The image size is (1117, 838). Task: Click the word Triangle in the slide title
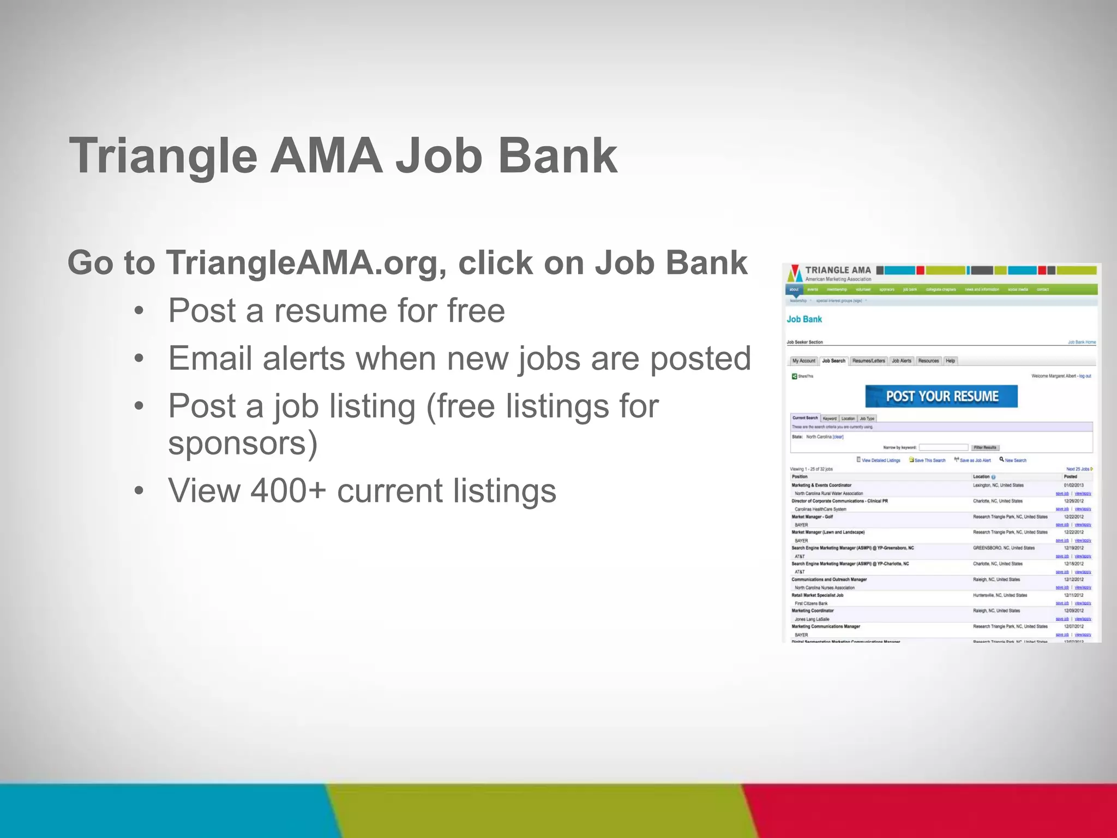(163, 157)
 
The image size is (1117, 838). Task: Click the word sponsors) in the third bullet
(243, 443)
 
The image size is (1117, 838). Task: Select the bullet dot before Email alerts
(139, 358)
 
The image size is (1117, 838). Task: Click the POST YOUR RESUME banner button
(941, 396)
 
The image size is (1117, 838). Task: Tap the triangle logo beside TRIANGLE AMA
(795, 273)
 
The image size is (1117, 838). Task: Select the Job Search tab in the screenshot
(833, 361)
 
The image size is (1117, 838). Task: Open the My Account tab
(804, 361)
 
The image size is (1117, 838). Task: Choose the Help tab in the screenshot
(950, 361)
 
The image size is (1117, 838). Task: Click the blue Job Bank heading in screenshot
(804, 319)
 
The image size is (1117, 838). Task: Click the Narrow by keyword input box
(943, 447)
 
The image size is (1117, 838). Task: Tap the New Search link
(1015, 460)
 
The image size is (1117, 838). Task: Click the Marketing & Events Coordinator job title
(821, 485)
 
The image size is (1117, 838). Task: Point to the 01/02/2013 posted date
(1073, 485)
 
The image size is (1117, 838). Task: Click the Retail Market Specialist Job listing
(817, 595)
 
